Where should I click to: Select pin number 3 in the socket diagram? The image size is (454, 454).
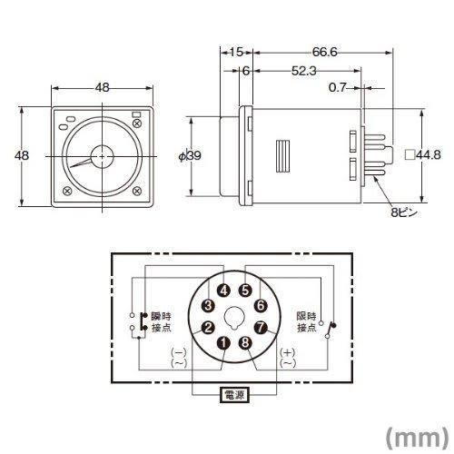coord(207,305)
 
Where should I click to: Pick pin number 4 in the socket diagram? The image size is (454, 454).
coord(223,291)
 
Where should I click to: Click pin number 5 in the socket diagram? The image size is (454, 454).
coord(244,291)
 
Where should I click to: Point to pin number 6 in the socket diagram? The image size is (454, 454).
coord(260,305)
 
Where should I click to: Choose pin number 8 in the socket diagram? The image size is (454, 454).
coord(244,342)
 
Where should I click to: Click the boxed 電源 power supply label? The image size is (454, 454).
coord(233,396)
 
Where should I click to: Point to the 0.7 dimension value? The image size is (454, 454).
coord(336,87)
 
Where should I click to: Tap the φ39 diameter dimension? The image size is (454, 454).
coord(188,155)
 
